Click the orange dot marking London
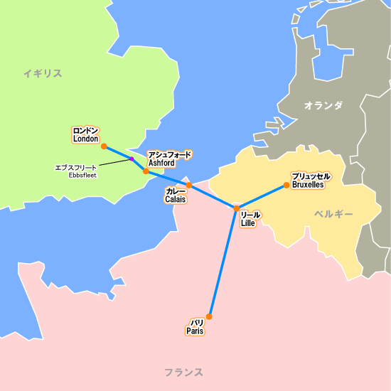click(104, 146)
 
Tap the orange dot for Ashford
click(146, 171)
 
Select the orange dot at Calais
click(188, 185)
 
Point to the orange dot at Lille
click(236, 208)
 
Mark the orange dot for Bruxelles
click(286, 186)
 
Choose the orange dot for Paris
click(209, 316)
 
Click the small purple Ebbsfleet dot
click(132, 159)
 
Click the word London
click(85, 139)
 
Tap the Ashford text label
click(161, 163)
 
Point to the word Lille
click(248, 223)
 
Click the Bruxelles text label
click(308, 184)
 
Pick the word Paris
click(195, 331)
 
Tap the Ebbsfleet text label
click(82, 175)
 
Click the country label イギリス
click(42, 73)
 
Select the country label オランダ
click(323, 105)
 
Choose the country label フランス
click(183, 372)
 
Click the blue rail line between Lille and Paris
click(223, 262)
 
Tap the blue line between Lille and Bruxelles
click(262, 197)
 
